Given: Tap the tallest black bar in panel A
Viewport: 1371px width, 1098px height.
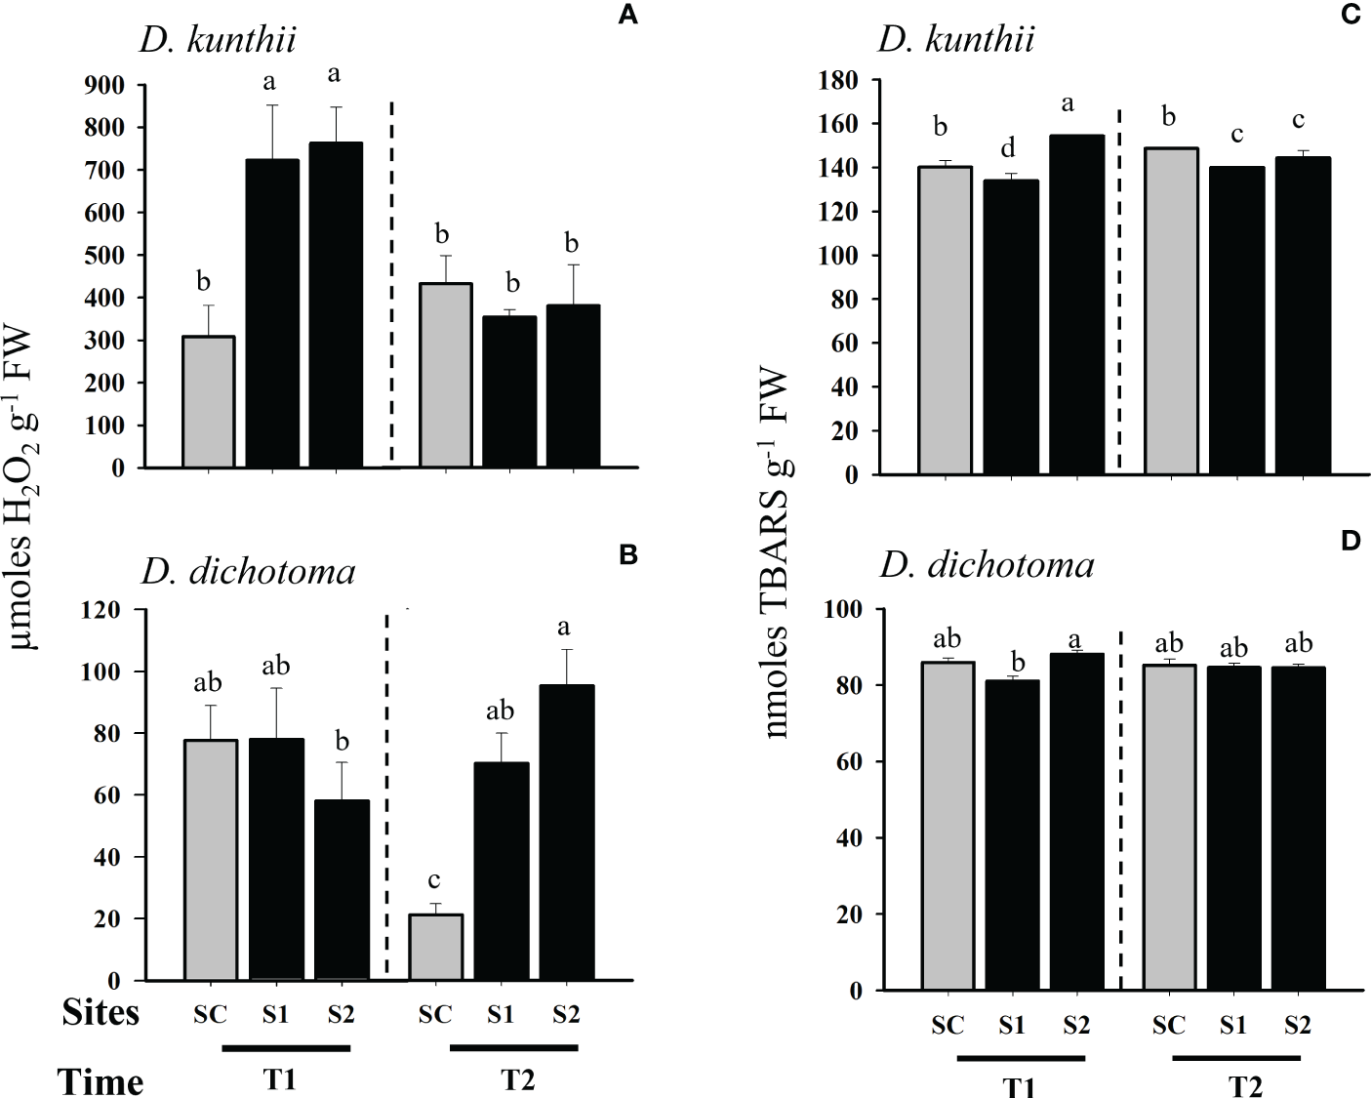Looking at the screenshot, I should pyautogui.click(x=337, y=305).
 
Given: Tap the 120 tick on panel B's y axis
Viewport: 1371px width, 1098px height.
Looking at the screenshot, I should pyautogui.click(x=102, y=610).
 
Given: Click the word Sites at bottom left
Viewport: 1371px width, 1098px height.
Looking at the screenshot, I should pyautogui.click(x=101, y=1013).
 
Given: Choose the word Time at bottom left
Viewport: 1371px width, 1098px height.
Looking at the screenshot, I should pyautogui.click(x=101, y=1081).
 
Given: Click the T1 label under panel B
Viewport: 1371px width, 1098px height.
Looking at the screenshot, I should pyautogui.click(x=279, y=1080).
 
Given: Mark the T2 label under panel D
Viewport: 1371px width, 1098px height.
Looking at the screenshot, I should pyautogui.click(x=1245, y=1085).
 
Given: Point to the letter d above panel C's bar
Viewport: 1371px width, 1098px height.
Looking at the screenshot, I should pyautogui.click(x=1008, y=147).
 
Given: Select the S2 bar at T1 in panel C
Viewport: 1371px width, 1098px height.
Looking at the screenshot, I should pyautogui.click(x=1076, y=305).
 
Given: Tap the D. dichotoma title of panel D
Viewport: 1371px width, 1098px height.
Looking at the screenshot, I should pyautogui.click(x=987, y=564).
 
